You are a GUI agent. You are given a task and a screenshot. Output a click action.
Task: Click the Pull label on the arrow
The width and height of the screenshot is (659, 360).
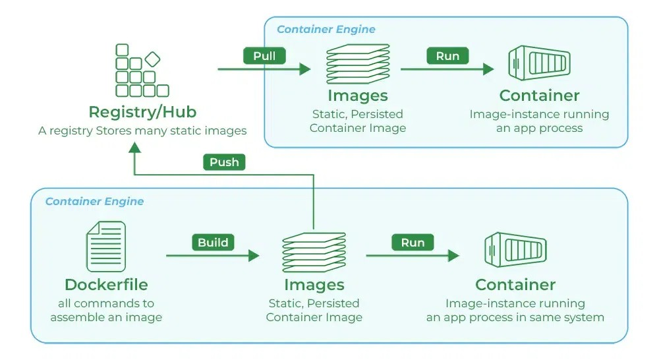click(x=264, y=56)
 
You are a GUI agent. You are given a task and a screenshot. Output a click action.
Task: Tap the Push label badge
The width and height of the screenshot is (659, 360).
click(x=224, y=162)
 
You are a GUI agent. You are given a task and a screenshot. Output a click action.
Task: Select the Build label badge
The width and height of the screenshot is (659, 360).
click(x=213, y=243)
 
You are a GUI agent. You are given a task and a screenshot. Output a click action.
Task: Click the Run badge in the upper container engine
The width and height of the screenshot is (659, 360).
click(x=447, y=56)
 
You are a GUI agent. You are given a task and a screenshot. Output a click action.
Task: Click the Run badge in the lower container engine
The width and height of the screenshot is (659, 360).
click(x=413, y=243)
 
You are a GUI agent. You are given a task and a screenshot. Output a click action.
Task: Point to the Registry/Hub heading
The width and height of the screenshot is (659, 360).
click(x=142, y=111)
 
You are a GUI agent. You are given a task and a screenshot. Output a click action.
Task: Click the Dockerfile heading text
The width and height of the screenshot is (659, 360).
click(x=106, y=285)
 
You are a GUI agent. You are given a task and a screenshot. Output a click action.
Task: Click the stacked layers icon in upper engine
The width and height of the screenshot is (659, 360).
click(x=358, y=64)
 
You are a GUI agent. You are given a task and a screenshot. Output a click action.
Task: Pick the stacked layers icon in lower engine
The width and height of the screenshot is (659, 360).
click(x=314, y=253)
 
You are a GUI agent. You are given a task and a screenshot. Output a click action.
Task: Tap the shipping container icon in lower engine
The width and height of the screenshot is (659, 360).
click(x=515, y=251)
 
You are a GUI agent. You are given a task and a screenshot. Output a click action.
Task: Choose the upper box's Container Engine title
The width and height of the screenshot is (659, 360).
click(x=326, y=30)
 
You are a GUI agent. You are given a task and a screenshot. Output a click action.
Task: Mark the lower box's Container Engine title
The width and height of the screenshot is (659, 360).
click(x=94, y=201)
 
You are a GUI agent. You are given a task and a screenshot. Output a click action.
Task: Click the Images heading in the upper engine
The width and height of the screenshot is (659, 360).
click(x=358, y=96)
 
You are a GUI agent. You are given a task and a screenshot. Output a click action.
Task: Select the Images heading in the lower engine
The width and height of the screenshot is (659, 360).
click(x=314, y=285)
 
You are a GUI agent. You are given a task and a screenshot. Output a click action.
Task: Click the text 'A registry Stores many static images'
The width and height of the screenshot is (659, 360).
click(x=142, y=131)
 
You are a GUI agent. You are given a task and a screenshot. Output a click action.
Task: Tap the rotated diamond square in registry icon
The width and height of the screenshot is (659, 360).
click(x=152, y=59)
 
